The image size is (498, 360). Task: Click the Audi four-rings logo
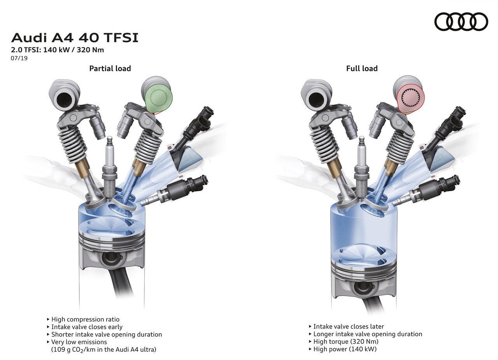(x=461, y=21)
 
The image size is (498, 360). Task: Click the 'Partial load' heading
(x=110, y=68)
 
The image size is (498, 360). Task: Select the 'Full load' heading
(x=362, y=68)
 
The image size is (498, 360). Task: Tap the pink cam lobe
(x=410, y=100)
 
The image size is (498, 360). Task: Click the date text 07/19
(x=19, y=58)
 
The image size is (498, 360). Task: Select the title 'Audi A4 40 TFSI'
(x=75, y=38)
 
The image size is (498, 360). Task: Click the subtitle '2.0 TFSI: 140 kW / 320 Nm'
(x=57, y=50)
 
